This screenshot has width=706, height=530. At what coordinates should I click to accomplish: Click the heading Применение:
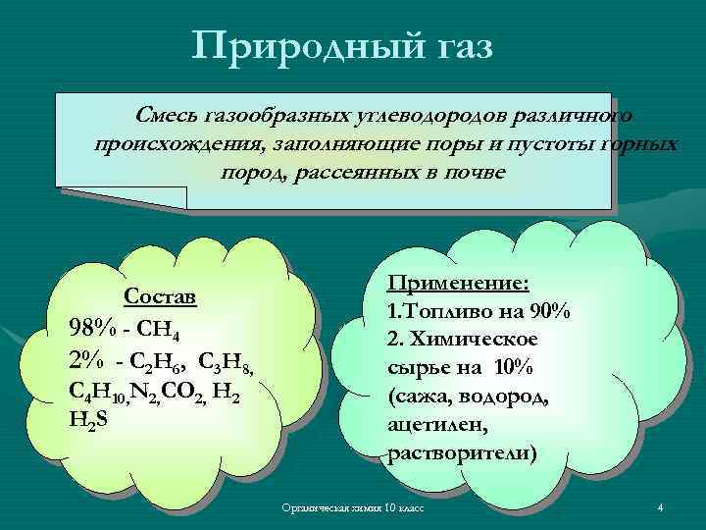pyautogui.click(x=459, y=283)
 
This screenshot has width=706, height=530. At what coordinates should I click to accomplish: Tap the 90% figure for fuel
pyautogui.click(x=550, y=311)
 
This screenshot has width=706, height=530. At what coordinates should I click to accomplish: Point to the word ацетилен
pyautogui.click(x=430, y=426)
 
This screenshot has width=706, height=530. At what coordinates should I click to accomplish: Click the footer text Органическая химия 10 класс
pyautogui.click(x=352, y=508)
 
